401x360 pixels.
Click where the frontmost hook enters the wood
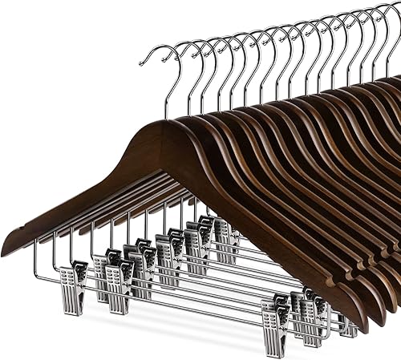[168, 120]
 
